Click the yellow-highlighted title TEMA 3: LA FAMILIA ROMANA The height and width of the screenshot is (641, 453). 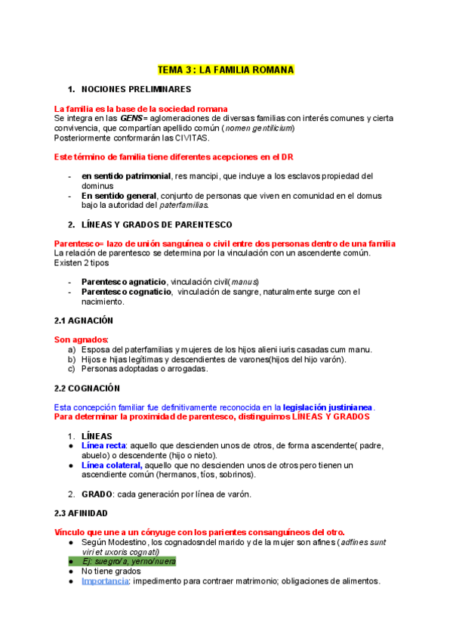coord(225,70)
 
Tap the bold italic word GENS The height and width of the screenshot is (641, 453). coord(131,119)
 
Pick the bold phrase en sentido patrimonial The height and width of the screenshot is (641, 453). coord(126,176)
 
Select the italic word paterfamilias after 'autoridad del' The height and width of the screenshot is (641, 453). coord(183,205)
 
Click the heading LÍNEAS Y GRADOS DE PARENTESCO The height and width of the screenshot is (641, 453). coord(156,225)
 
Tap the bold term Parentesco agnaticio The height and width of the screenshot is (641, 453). coord(124,282)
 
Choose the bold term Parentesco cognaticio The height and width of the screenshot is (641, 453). coord(125,292)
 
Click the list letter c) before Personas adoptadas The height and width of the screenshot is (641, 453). coord(72,370)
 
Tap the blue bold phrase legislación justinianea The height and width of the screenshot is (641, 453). coord(328,407)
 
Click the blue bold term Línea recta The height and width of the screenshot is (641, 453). coord(103,446)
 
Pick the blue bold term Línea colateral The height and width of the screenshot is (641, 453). coord(111,466)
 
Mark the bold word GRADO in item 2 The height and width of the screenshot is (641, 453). coord(97,494)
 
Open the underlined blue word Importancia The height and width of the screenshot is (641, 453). coord(105,581)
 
